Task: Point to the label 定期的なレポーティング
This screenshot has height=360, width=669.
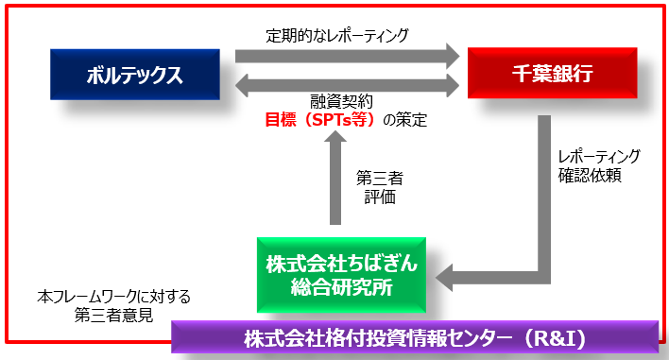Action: tap(337, 36)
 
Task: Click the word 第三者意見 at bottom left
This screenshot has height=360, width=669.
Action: tap(114, 314)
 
